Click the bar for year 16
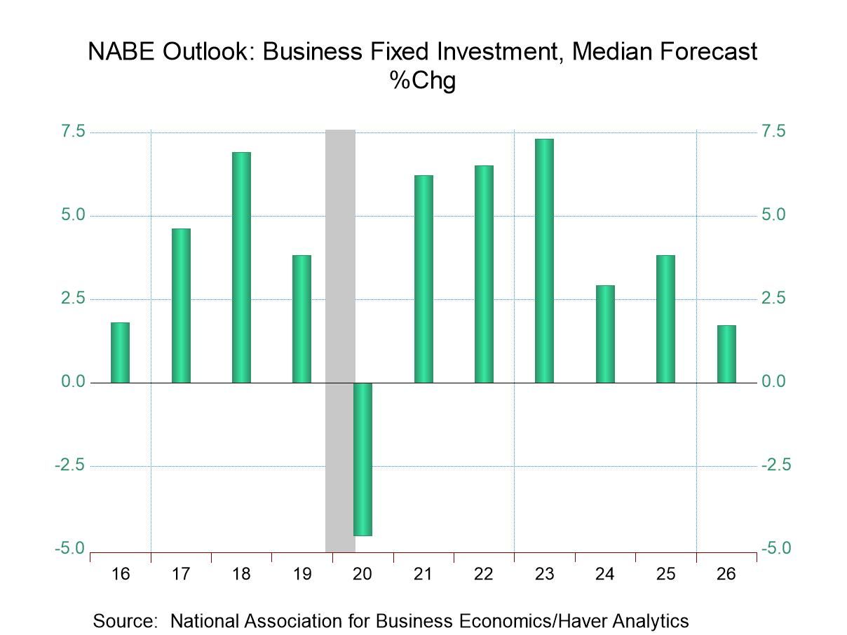click(x=121, y=353)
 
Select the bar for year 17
click(x=181, y=306)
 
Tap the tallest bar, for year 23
click(x=544, y=261)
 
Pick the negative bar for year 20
click(x=362, y=459)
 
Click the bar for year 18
click(x=241, y=267)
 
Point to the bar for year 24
click(x=605, y=334)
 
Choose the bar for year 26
click(x=726, y=354)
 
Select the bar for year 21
click(x=423, y=279)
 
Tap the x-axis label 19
click(x=301, y=574)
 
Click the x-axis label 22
click(x=484, y=574)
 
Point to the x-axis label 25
click(x=665, y=574)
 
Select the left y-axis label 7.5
click(x=70, y=132)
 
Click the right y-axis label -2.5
click(x=775, y=465)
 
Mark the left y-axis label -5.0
click(x=68, y=548)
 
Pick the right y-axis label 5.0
click(x=775, y=215)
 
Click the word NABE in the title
click(x=118, y=52)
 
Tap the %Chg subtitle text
click(x=423, y=81)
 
